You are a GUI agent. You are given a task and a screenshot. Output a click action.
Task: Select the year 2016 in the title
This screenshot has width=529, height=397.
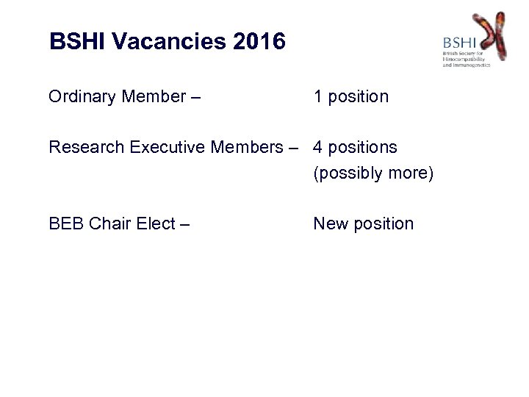coord(259,41)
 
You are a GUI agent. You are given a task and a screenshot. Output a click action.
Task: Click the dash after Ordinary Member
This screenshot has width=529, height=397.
coord(196,97)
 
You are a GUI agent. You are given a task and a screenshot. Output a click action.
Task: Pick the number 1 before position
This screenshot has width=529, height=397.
coord(318,97)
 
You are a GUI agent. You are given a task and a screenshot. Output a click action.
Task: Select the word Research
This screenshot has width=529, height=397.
coord(87,148)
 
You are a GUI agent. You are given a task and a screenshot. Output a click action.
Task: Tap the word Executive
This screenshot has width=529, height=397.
coord(167,148)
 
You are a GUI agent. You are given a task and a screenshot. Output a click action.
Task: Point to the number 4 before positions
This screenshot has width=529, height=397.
coord(318,148)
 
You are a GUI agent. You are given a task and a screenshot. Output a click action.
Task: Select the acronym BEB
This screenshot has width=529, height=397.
coord(65,223)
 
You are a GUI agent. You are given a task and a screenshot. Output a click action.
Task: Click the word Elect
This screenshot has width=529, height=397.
coord(155,223)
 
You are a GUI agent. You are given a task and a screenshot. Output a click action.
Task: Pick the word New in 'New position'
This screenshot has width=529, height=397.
coord(330,223)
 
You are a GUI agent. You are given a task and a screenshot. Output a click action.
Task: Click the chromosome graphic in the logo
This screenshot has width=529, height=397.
coord(489,35)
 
